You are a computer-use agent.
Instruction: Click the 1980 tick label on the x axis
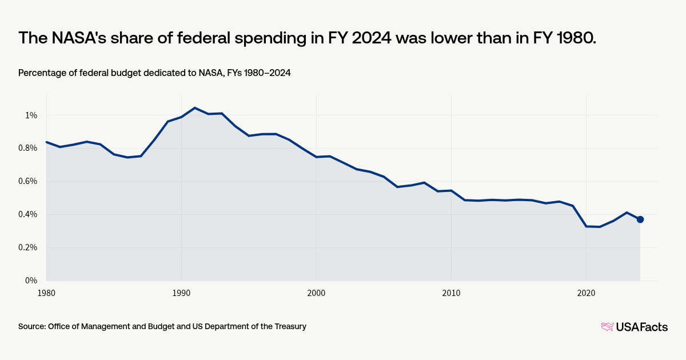coord(46,293)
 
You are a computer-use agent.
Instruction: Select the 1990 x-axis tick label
coord(181,293)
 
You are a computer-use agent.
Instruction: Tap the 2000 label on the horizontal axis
coord(316,293)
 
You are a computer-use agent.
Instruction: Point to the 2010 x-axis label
coord(451,293)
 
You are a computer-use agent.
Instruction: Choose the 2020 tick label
coord(586,293)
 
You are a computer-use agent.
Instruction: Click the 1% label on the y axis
coord(31,115)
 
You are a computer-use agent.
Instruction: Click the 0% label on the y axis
coord(31,281)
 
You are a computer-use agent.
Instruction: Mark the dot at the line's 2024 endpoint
coord(640,219)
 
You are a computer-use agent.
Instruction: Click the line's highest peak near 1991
coord(195,107)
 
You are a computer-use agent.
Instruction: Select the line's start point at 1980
coord(46,142)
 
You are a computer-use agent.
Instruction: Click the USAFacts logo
coord(634,327)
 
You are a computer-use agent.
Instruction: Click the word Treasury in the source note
coord(289,326)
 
